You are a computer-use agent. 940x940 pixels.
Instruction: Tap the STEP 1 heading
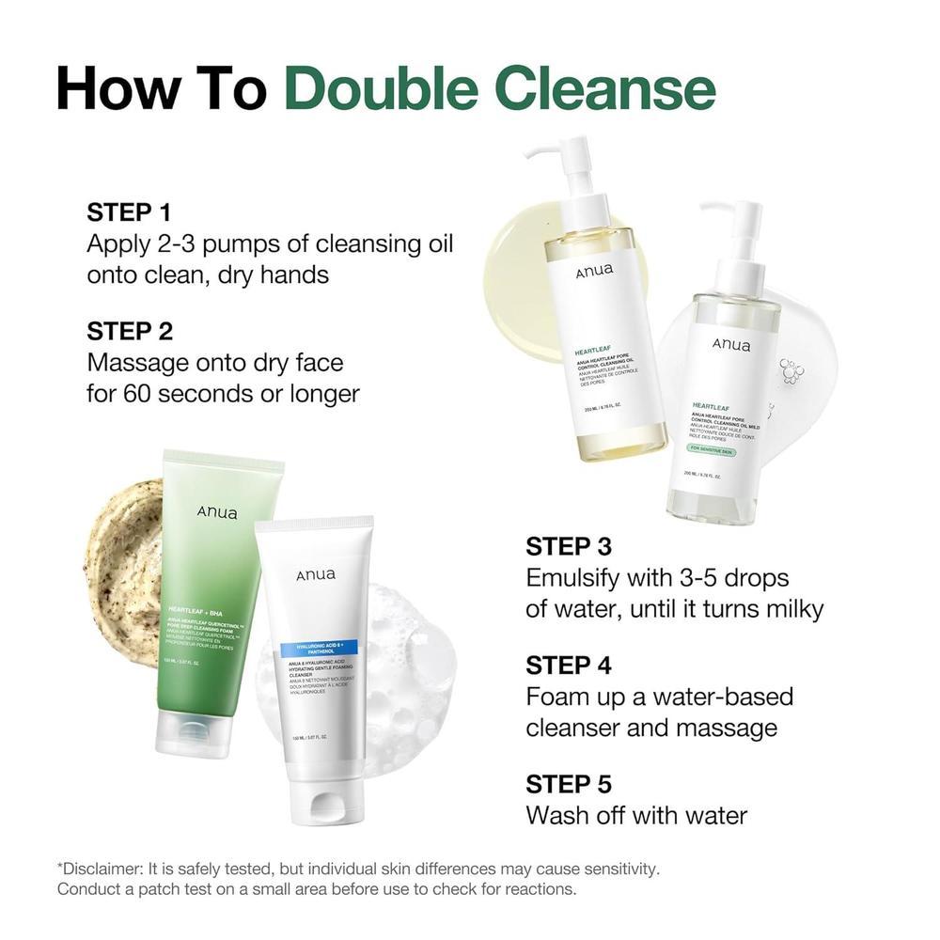[130, 211]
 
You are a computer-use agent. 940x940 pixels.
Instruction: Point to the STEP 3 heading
[569, 546]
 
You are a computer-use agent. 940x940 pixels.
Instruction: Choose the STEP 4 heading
[569, 665]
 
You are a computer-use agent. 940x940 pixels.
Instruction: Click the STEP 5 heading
[569, 784]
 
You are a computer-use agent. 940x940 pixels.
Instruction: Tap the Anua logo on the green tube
[217, 513]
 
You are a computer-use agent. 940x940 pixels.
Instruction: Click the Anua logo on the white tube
[316, 574]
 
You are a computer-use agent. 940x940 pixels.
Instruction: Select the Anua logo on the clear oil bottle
[731, 345]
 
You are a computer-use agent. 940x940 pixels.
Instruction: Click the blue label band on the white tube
[315, 648]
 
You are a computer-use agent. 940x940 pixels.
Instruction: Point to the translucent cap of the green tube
[194, 732]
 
